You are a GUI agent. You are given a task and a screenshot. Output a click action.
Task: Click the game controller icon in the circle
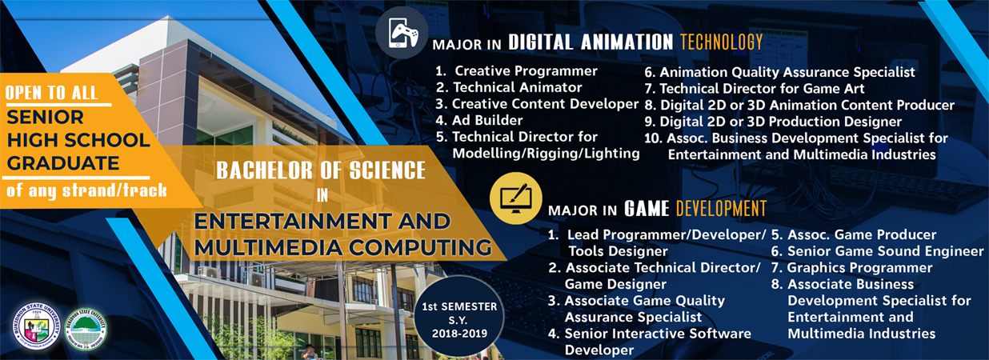click(402, 33)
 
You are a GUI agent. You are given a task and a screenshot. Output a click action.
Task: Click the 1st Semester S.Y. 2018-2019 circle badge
click(459, 319)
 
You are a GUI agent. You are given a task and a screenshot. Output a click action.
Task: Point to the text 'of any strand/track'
click(86, 190)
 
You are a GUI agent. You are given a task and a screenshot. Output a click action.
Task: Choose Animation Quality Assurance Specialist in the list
click(780, 72)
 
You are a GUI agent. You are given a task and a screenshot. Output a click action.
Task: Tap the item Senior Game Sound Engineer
click(877, 251)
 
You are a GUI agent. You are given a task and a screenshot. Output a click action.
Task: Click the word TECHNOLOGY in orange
click(721, 42)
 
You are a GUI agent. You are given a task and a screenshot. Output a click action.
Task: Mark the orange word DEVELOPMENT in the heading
click(721, 210)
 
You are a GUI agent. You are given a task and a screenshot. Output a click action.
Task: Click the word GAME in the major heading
click(647, 210)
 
